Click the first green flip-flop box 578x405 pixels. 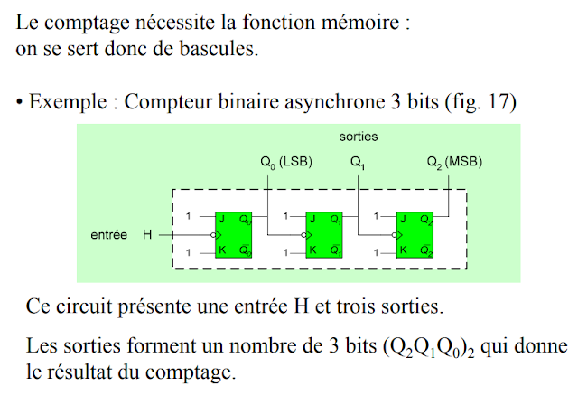234,234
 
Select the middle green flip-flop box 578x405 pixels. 324,234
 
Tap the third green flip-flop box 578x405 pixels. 415,234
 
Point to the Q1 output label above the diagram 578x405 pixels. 358,163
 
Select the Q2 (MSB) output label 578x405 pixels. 454,163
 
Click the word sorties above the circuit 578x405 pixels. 359,137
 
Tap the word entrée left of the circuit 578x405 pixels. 109,235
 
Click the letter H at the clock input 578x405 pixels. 147,235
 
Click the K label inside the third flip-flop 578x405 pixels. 404,250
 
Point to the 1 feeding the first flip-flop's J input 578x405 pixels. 188,217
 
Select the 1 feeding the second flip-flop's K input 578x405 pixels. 285,250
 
